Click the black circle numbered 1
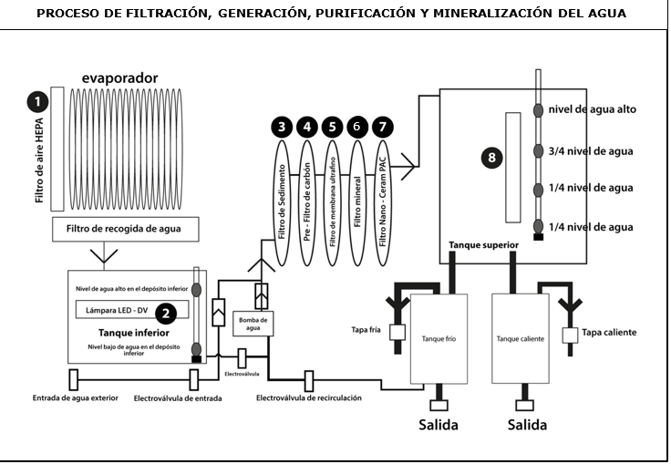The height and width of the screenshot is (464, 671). point(36,101)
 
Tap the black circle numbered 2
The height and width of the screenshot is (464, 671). point(166,313)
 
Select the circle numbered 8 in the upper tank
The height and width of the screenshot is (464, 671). point(492,158)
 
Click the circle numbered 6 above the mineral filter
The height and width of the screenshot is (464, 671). point(357,128)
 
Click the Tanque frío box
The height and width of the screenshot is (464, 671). point(439,338)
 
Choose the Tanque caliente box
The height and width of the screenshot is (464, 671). point(521,338)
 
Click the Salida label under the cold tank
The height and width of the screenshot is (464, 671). point(439,425)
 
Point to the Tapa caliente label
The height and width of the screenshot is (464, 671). point(611,333)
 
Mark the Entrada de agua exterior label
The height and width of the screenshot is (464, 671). point(75,398)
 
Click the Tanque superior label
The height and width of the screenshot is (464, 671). point(483,244)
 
